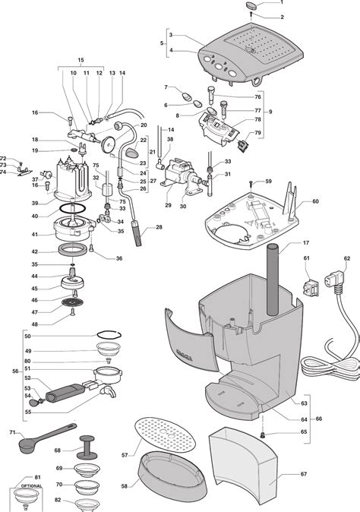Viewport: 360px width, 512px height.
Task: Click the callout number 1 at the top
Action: click(283, 4)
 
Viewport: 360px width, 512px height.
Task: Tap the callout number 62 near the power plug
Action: click(347, 259)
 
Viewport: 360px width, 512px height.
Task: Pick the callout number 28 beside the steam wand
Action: click(159, 227)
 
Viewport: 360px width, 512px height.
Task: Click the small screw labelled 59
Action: click(250, 183)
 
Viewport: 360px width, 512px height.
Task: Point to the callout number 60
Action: click(315, 201)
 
